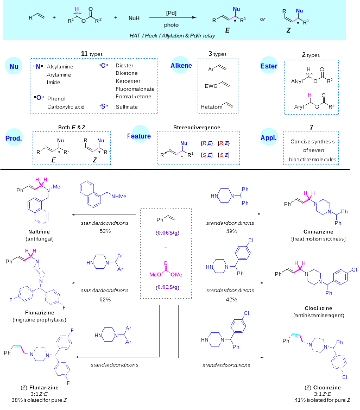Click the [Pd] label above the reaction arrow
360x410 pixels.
click(x=171, y=12)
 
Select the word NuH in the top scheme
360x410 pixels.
click(x=134, y=18)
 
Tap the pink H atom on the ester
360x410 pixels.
click(x=77, y=9)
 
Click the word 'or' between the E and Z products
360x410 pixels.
click(x=262, y=19)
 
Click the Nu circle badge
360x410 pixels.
click(x=14, y=66)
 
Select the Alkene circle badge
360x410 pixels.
click(x=181, y=66)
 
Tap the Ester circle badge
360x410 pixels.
click(x=269, y=66)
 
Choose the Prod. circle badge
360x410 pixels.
click(x=14, y=138)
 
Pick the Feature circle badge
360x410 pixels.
click(x=140, y=136)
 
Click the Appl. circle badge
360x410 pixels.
click(x=269, y=137)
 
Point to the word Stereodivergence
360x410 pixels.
click(x=197, y=128)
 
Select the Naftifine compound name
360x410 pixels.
click(x=39, y=232)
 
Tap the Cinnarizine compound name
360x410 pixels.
click(x=319, y=232)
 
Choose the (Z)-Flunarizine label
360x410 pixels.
click(x=40, y=388)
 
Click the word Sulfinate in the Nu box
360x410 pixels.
click(x=127, y=107)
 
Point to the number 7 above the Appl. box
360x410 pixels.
click(x=311, y=128)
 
